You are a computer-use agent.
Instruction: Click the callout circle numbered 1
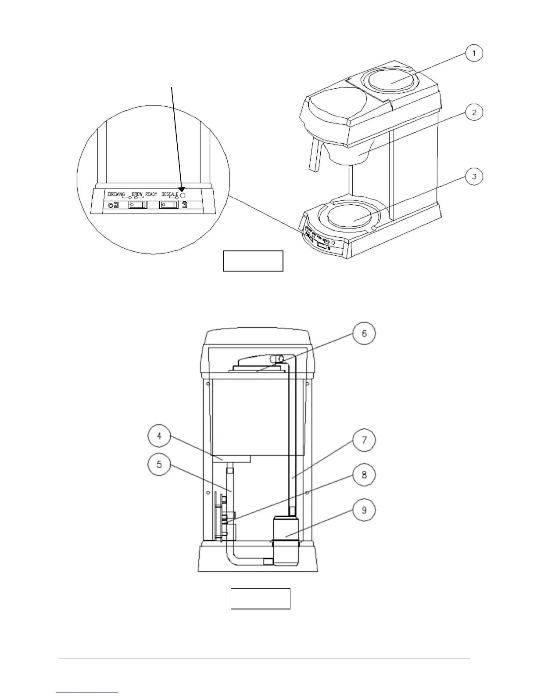click(x=474, y=54)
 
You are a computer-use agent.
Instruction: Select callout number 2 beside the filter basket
click(x=474, y=112)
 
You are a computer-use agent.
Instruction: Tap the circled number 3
click(x=474, y=177)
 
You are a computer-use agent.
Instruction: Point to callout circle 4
click(x=159, y=436)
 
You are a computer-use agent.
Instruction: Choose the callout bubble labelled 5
click(x=159, y=464)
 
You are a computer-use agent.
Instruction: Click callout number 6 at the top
click(x=364, y=333)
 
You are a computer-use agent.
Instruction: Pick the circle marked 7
click(x=364, y=440)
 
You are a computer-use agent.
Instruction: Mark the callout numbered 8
click(x=364, y=475)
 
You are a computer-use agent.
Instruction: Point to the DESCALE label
click(x=170, y=194)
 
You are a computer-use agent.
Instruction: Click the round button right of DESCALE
click(x=183, y=195)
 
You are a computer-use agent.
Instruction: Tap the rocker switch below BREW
click(x=137, y=205)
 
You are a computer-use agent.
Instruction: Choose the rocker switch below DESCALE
click(x=169, y=205)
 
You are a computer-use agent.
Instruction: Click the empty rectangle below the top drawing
click(x=253, y=261)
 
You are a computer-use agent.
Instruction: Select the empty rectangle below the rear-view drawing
click(x=261, y=598)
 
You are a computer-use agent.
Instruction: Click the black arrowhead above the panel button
click(x=182, y=188)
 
